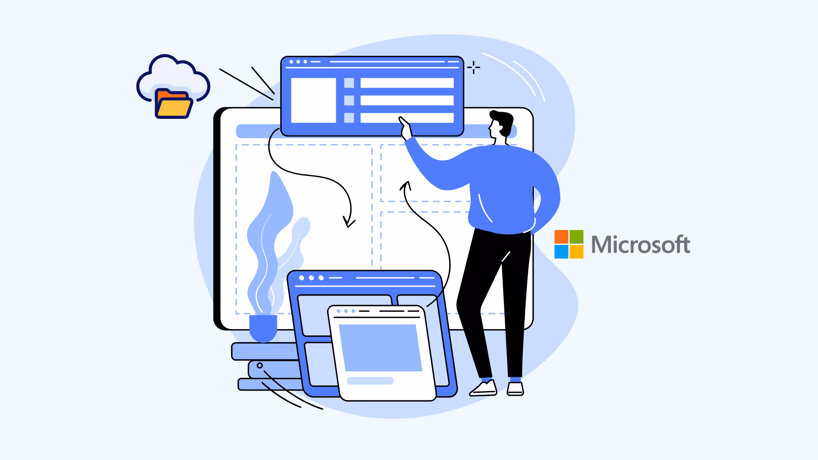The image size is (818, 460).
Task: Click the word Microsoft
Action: point(641,244)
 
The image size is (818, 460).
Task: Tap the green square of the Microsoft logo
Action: point(576,237)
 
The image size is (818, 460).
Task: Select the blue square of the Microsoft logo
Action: point(561,252)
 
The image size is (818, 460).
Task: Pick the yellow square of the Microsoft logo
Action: point(576,252)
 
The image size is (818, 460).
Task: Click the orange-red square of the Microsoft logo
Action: point(561,237)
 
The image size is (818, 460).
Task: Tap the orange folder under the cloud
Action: point(173,103)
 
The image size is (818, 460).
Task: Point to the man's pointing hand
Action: point(405,128)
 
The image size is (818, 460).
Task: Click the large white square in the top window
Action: point(314,101)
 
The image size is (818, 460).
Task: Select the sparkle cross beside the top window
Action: point(473,67)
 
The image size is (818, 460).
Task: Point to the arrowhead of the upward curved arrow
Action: point(406,186)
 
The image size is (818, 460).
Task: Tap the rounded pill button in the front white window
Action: point(370,381)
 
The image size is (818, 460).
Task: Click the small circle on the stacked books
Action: point(259,365)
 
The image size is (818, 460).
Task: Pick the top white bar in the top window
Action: point(407,83)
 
